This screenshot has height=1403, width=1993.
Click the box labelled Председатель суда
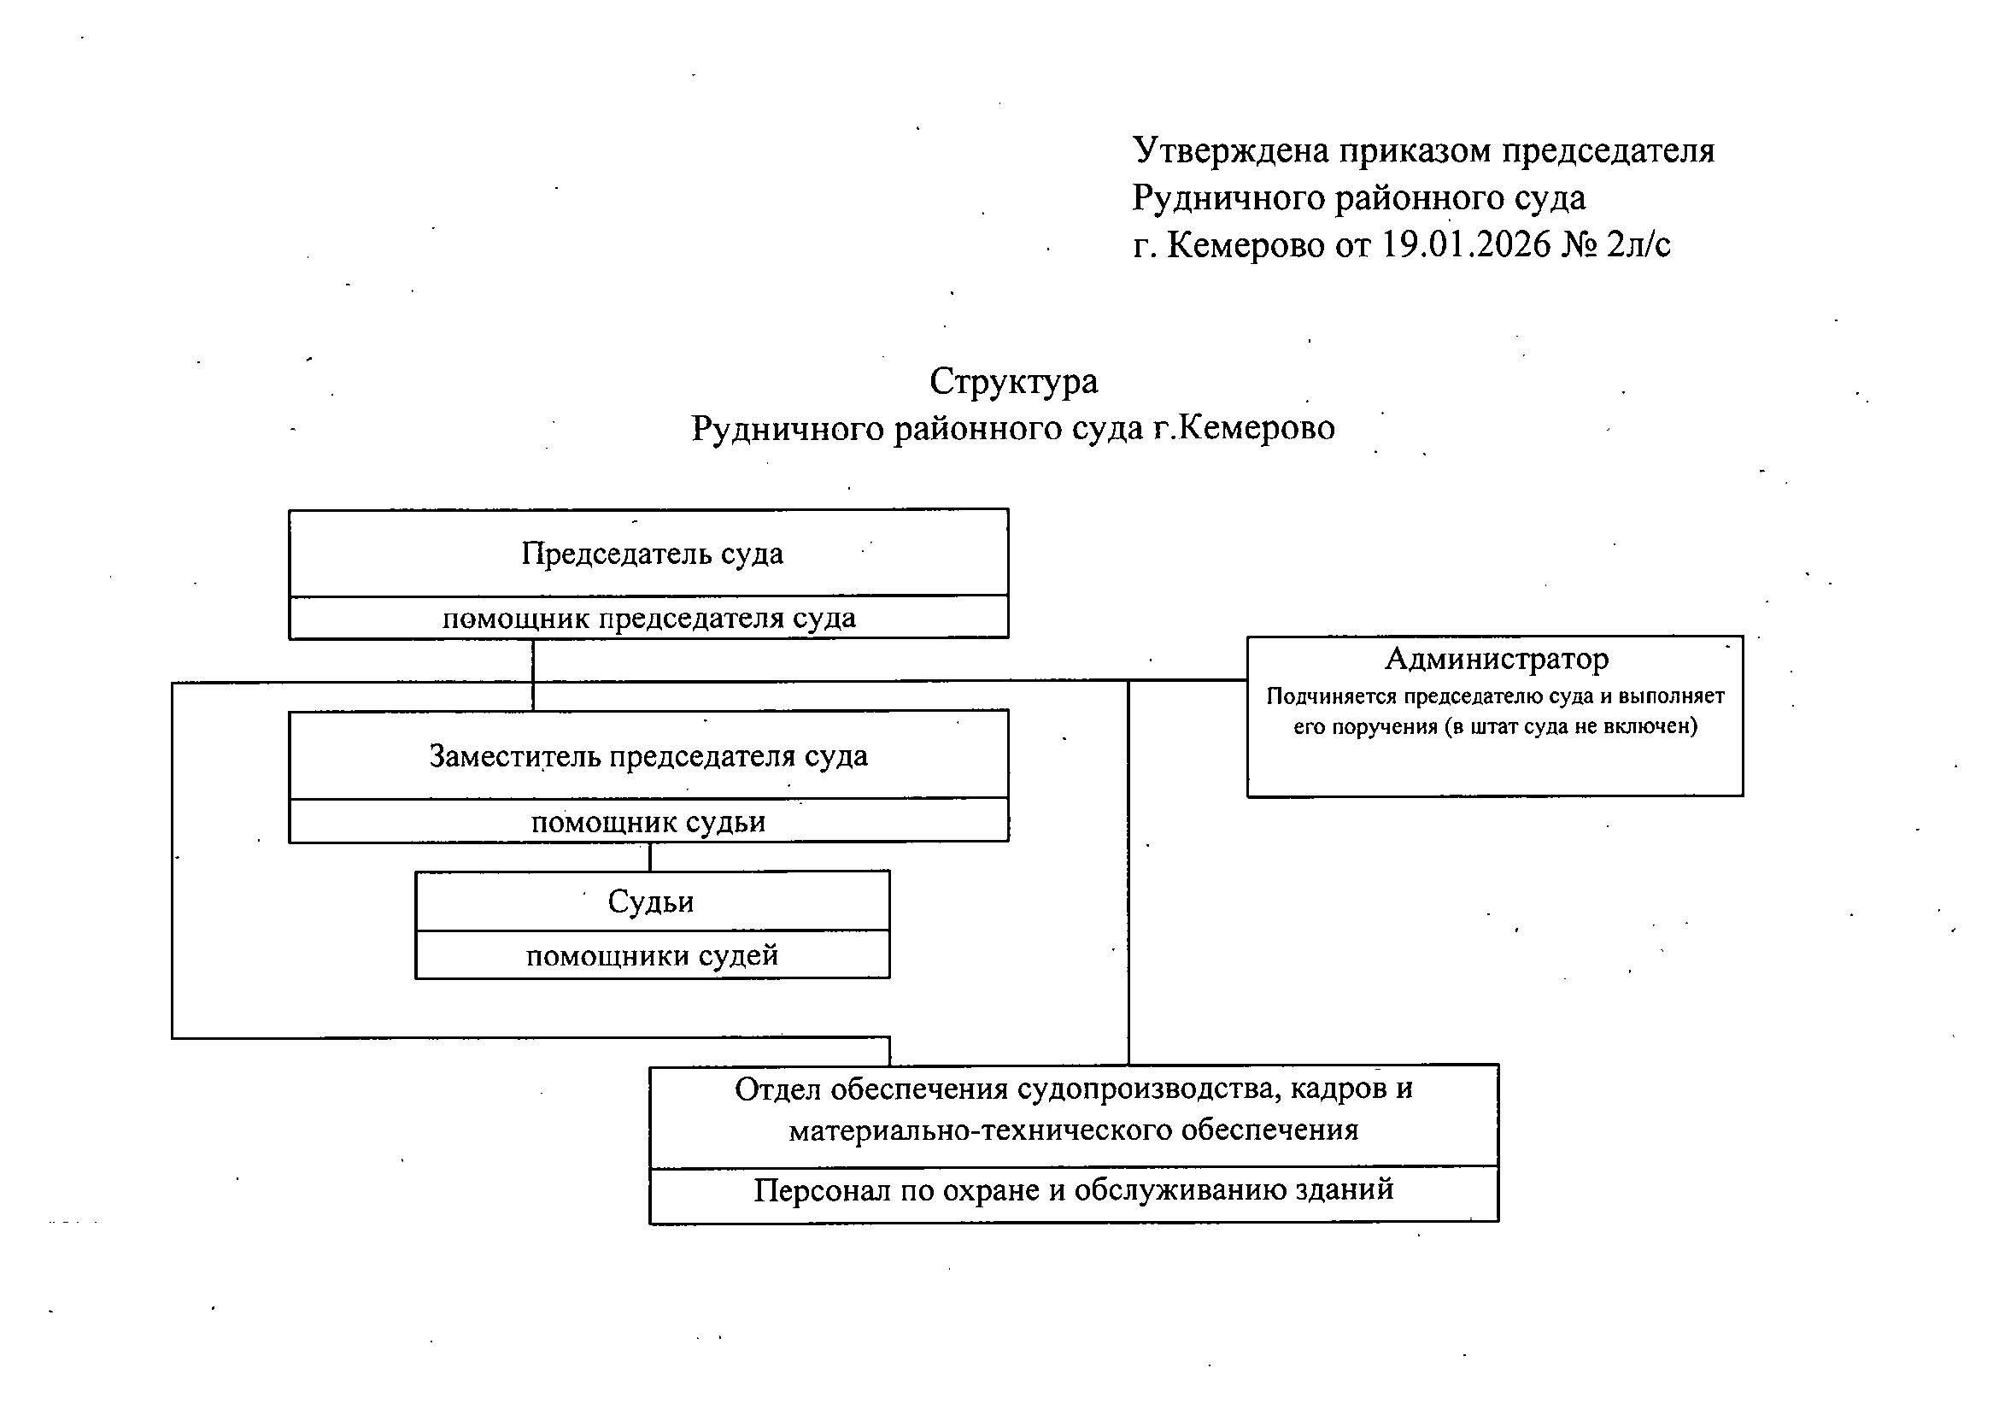tap(648, 553)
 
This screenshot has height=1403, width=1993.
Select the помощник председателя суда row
tap(648, 618)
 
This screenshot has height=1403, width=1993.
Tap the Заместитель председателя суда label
tap(648, 756)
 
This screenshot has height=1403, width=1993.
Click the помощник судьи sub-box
tap(648, 820)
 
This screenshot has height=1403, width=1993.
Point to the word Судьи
tap(651, 902)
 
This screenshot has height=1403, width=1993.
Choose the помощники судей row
tap(653, 955)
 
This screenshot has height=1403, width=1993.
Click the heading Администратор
tap(1497, 659)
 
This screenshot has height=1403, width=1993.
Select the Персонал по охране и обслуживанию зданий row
tap(1074, 1190)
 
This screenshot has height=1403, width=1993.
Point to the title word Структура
tap(1014, 382)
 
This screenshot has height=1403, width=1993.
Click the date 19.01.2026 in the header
tap(1466, 245)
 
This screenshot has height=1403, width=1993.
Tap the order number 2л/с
tap(1638, 245)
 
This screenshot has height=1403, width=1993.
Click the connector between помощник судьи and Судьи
tap(650, 857)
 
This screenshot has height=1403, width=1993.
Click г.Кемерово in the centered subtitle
tap(1244, 428)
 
